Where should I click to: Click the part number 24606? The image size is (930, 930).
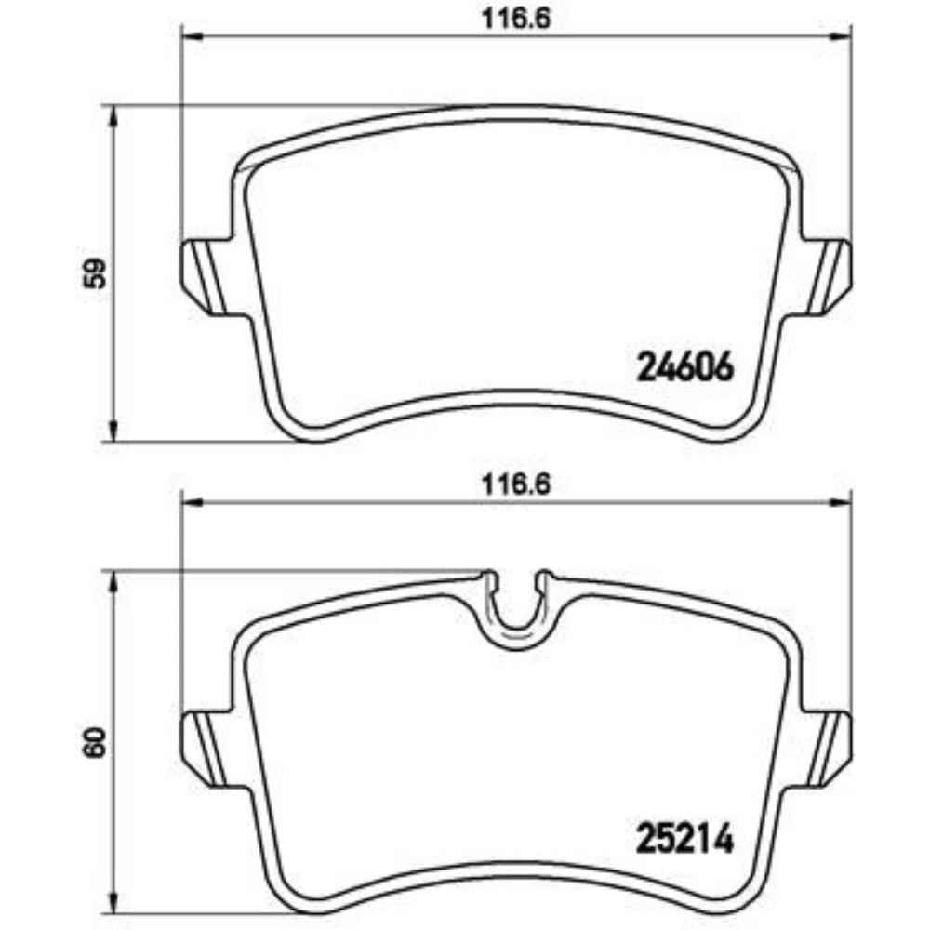tap(685, 366)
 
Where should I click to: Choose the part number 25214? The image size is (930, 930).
tap(685, 841)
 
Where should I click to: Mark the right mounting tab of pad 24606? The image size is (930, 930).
tap(826, 276)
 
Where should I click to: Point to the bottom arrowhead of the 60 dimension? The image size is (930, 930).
tap(113, 905)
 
